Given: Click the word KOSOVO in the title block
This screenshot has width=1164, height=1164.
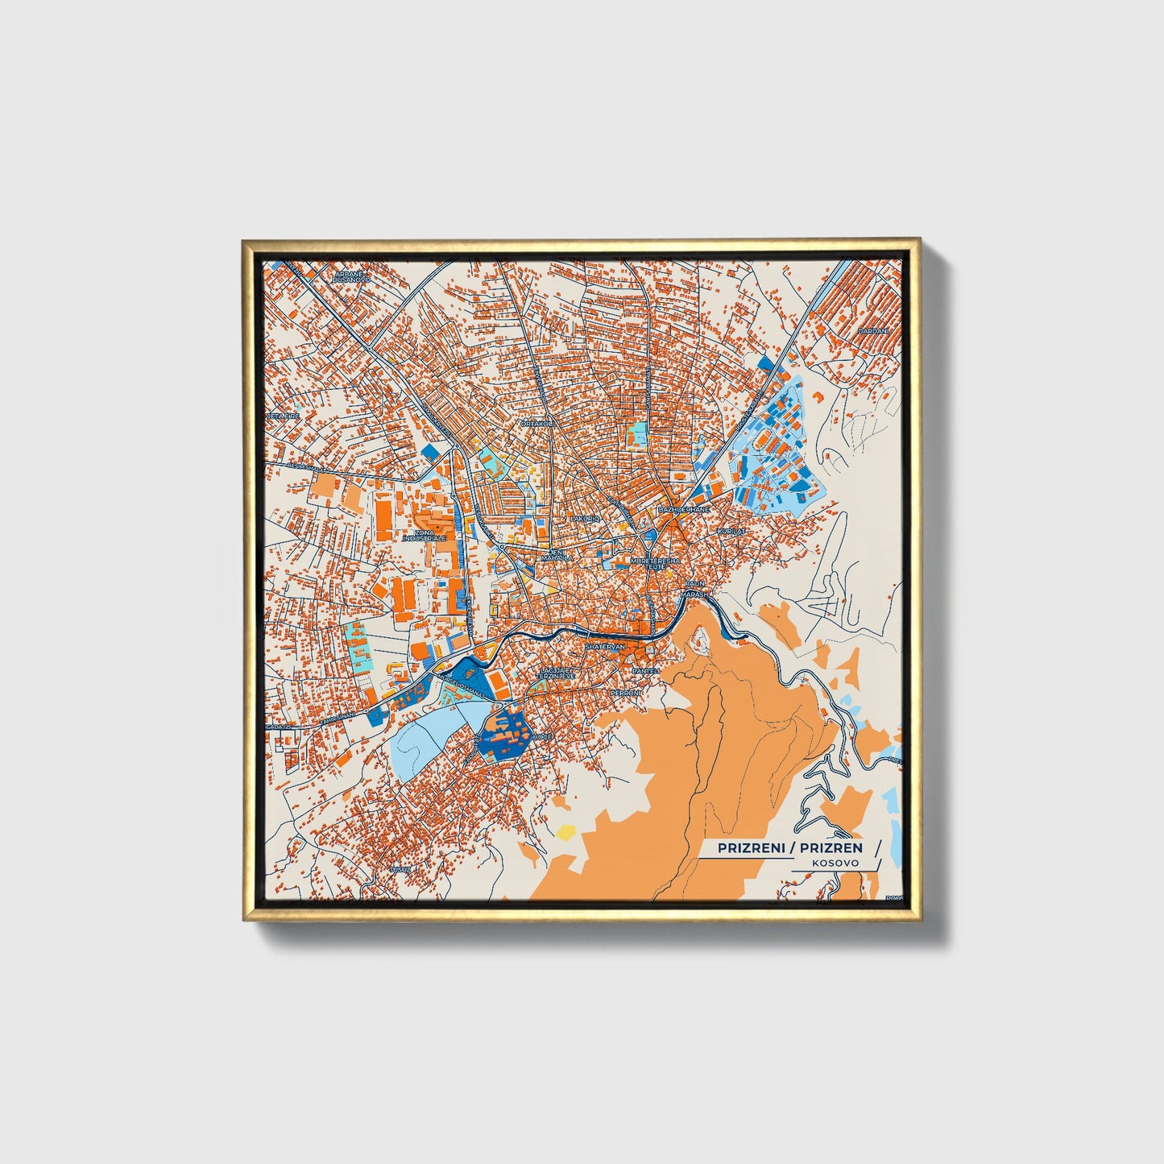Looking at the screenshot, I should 835,862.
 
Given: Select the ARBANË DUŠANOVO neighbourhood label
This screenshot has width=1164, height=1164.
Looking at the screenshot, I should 353,277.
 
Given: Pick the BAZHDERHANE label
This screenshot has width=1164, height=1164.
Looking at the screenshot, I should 684,511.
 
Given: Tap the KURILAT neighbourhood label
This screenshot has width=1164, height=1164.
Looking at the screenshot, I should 732,532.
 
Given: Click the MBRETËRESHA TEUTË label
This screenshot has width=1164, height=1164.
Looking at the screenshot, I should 655,563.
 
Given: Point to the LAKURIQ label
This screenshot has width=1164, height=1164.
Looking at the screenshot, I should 586,520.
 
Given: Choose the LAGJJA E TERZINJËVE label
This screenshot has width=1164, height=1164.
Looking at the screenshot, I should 557,673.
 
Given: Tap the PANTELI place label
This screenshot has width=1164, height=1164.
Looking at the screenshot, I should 646,671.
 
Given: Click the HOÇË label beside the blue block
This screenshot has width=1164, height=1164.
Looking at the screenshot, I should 542,736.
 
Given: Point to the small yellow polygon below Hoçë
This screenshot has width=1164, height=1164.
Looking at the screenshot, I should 567,830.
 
